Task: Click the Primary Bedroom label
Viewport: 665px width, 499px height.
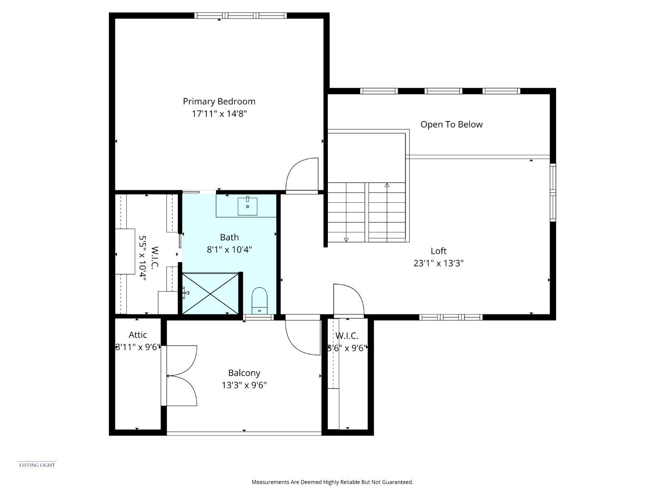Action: click(x=219, y=102)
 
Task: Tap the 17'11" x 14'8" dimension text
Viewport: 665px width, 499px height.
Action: click(x=219, y=114)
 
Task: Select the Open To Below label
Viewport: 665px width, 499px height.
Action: click(x=451, y=124)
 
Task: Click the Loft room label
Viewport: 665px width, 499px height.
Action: click(x=438, y=251)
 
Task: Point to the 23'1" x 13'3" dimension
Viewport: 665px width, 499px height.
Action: click(x=438, y=263)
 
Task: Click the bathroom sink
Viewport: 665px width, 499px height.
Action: click(x=248, y=206)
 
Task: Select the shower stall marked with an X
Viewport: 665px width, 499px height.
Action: click(x=211, y=293)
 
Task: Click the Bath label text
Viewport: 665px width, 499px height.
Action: click(x=229, y=237)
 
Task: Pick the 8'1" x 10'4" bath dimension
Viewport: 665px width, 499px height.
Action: click(x=229, y=250)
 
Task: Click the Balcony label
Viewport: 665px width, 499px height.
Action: click(x=244, y=373)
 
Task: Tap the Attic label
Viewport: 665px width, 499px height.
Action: click(x=138, y=335)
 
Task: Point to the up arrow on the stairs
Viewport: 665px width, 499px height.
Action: click(x=387, y=185)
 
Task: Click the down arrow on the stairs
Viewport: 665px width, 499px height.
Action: click(x=346, y=239)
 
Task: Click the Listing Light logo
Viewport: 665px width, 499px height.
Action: click(x=37, y=465)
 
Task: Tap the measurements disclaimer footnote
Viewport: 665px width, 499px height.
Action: click(x=332, y=482)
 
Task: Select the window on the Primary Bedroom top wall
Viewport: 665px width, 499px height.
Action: click(x=241, y=16)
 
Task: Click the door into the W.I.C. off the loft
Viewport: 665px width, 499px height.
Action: click(x=348, y=300)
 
